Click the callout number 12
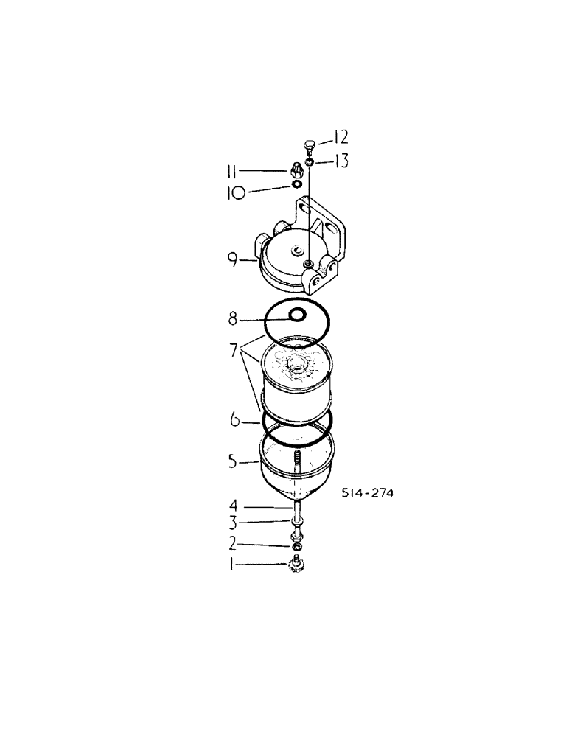[339, 138]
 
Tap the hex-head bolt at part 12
[309, 146]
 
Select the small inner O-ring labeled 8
[297, 315]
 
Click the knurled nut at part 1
[297, 567]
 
